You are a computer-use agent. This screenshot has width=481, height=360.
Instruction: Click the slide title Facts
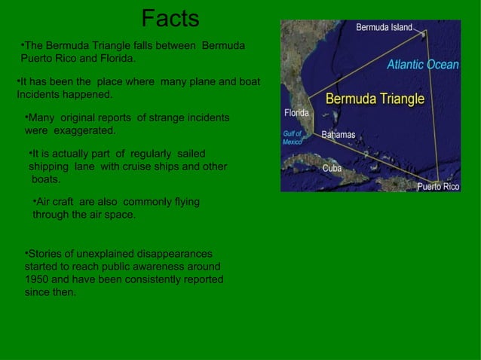coord(170,18)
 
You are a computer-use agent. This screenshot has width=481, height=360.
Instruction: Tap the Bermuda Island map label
coord(384,27)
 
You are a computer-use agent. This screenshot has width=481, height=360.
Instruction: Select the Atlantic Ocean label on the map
coord(422,65)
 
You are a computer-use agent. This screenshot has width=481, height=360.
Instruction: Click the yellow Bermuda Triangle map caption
coord(374,99)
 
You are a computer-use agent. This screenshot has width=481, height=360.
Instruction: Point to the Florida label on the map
coord(296,113)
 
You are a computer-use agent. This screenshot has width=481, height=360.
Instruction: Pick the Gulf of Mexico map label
coord(293,137)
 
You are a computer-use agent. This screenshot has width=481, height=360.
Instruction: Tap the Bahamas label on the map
coord(338,135)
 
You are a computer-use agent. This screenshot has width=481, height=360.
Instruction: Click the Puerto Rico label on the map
coord(438,186)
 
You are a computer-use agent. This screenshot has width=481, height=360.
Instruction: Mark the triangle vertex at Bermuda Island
coord(424,32)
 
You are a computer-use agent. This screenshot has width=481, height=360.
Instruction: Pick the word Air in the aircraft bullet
coord(46,202)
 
